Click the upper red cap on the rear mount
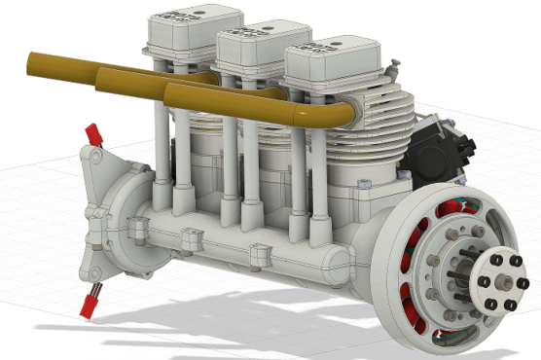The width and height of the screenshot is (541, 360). (94, 134)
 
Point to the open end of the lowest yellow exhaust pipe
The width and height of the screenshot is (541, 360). (172, 95)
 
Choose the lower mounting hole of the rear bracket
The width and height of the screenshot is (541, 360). (95, 268)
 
